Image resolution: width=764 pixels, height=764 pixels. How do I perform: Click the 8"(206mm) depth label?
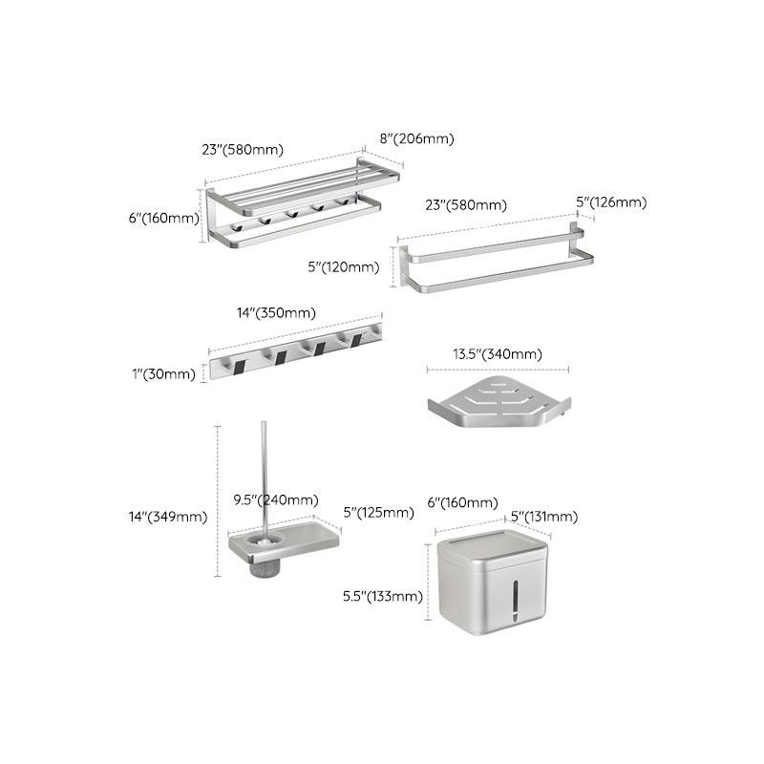point(416,138)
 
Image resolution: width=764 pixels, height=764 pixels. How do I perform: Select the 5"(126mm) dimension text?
point(611,202)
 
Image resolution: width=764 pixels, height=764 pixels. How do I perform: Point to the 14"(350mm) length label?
point(276,312)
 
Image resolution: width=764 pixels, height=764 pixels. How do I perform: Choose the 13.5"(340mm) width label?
point(497,354)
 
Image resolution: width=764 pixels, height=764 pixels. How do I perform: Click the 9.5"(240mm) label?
point(276,499)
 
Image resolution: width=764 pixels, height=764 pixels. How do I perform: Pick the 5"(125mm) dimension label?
point(379,513)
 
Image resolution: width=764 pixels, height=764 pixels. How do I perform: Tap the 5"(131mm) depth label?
point(543,517)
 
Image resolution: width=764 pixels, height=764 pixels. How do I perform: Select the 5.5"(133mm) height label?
point(383,597)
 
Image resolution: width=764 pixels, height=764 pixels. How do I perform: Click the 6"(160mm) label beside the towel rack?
point(163,218)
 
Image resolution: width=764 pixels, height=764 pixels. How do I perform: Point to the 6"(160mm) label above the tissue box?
point(462,502)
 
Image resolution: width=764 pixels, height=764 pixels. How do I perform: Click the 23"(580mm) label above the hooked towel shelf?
point(243,149)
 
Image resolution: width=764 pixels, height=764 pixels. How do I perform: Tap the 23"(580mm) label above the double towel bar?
point(466,204)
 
